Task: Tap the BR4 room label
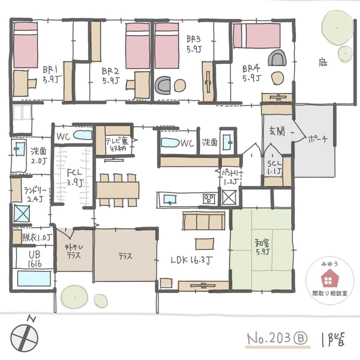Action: click(x=250, y=73)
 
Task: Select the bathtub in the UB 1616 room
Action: click(x=34, y=278)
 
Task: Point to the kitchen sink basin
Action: click(x=170, y=199)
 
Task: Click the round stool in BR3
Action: click(x=180, y=85)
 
